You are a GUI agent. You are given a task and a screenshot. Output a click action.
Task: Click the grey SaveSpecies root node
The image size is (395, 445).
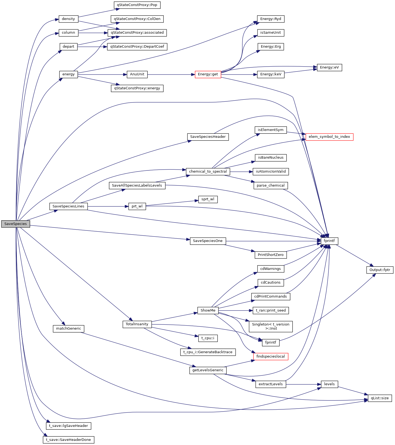point(16,224)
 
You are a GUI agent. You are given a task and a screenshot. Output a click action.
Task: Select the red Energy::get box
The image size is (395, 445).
point(208,74)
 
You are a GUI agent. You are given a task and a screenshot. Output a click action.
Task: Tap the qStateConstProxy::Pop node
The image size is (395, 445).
point(137,5)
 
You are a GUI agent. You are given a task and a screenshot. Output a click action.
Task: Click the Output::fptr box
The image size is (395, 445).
point(380,270)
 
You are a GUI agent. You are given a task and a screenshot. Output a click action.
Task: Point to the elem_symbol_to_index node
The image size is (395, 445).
point(329,137)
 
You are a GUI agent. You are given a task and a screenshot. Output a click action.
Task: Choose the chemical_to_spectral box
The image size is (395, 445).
point(208,172)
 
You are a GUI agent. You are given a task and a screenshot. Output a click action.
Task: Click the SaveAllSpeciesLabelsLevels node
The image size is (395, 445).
point(137,186)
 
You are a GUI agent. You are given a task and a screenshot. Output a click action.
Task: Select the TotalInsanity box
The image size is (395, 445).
point(137,324)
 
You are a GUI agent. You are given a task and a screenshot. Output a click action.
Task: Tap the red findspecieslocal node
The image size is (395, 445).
point(270,356)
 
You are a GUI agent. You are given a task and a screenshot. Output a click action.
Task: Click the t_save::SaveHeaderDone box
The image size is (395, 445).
point(68,440)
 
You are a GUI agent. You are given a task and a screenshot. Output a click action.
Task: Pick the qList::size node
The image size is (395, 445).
point(380,398)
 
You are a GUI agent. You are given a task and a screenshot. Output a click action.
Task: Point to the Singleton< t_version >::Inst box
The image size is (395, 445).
point(270,326)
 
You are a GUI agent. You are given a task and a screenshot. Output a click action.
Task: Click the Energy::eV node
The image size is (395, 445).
point(329,67)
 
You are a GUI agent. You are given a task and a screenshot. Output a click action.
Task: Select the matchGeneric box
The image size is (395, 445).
point(68,329)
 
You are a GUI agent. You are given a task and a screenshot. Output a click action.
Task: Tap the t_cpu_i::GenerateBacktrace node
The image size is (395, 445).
point(208,352)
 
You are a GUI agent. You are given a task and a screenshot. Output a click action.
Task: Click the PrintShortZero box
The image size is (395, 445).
point(270,255)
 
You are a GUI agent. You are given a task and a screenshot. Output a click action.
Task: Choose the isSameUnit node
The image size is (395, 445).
point(270,33)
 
